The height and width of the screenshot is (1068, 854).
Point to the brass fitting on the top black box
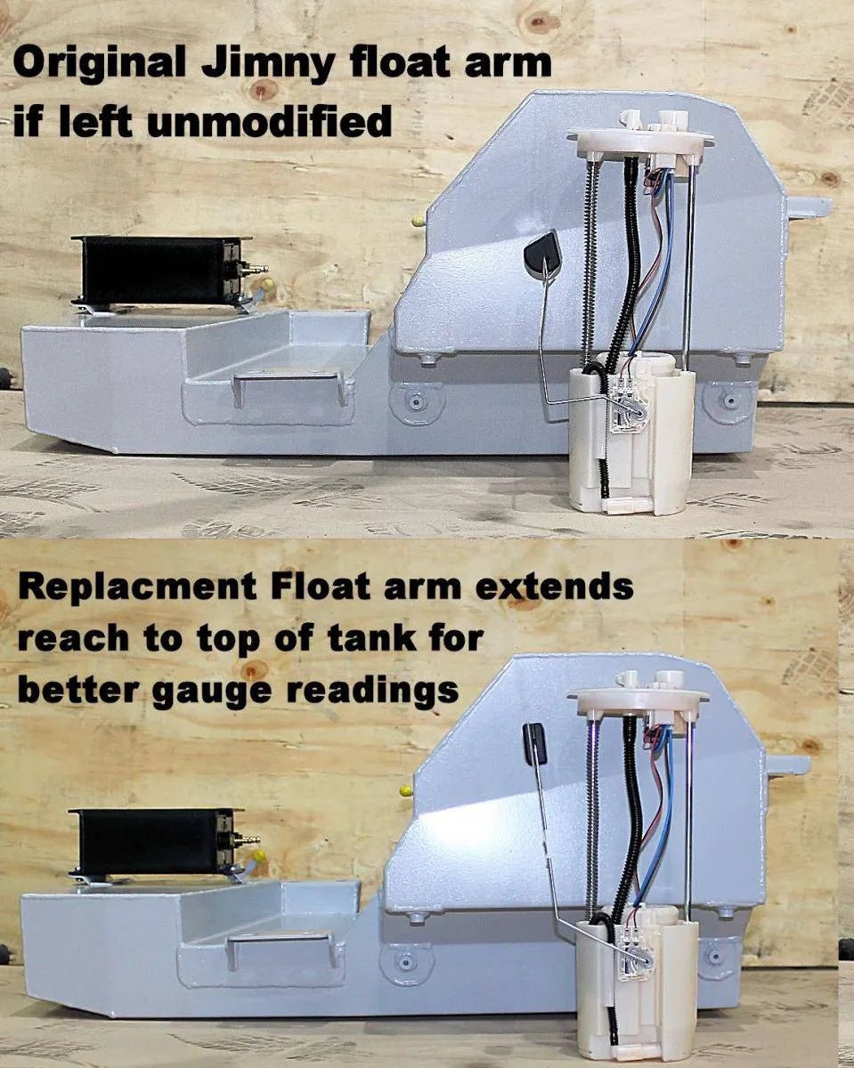[x=255, y=269]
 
